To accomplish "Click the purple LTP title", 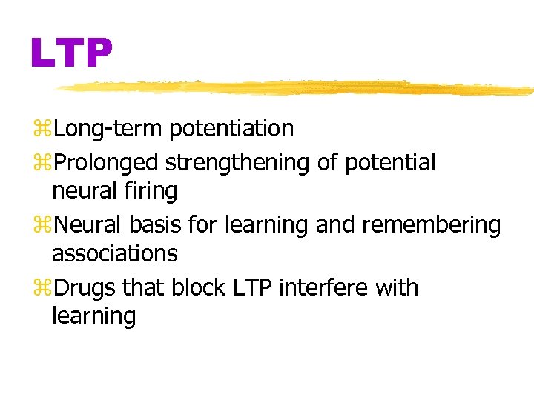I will click(x=72, y=52).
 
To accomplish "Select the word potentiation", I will click(x=231, y=129).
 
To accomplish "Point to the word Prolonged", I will click(x=106, y=161).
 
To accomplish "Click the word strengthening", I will click(x=237, y=161).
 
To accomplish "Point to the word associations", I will click(x=115, y=254).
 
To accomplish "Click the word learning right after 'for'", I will click(x=267, y=224).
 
